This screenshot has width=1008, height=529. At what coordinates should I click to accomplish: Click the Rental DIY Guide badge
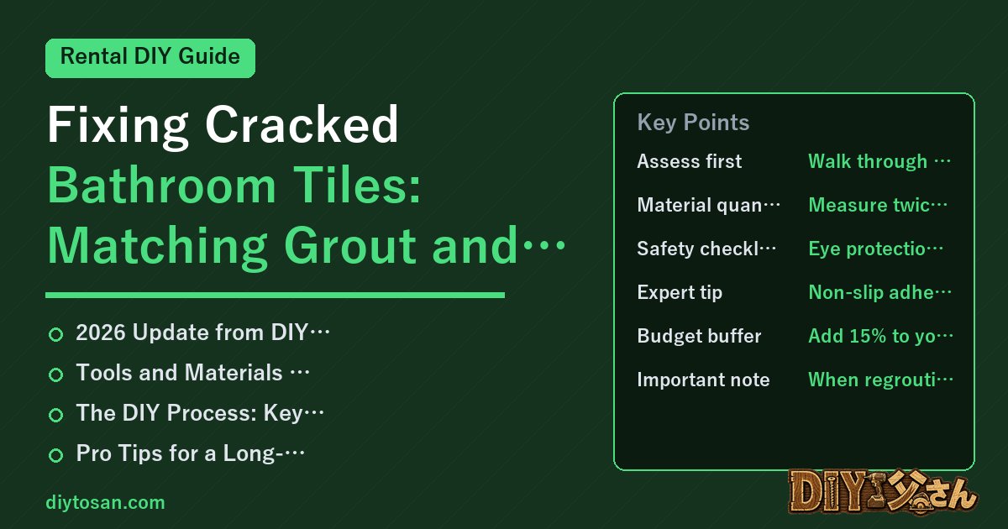click(150, 58)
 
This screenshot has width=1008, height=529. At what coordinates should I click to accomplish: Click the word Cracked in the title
click(302, 124)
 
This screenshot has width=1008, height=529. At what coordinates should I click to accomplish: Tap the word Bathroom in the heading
click(161, 185)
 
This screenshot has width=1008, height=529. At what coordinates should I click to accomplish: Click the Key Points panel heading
click(693, 123)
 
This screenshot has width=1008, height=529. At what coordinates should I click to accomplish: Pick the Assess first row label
click(689, 161)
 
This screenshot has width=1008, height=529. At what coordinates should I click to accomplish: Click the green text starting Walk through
click(879, 161)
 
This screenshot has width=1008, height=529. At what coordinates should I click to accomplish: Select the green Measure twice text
click(878, 205)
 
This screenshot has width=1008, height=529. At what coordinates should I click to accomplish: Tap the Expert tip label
click(680, 293)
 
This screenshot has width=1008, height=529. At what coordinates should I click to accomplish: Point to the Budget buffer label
click(699, 336)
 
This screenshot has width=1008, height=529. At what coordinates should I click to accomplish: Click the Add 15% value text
click(880, 336)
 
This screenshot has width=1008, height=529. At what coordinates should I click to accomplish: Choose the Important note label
click(703, 380)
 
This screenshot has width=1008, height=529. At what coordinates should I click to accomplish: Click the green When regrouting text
click(880, 380)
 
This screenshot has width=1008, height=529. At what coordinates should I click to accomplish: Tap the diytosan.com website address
click(105, 502)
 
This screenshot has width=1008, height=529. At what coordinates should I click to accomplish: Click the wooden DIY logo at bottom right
click(883, 492)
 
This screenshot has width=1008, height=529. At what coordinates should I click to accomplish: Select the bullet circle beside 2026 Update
click(55, 335)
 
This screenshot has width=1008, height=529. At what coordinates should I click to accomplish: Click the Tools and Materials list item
click(193, 373)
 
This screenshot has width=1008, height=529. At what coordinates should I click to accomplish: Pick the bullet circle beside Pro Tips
click(55, 455)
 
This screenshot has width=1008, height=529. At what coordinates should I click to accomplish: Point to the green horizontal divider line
click(275, 295)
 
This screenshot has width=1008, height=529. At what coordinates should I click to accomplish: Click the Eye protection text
click(875, 249)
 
